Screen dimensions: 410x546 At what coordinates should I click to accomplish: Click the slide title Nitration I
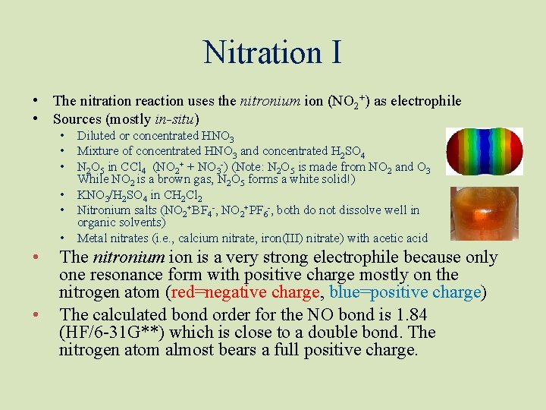[x=272, y=52]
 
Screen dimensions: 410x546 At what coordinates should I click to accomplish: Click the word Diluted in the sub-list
[x=96, y=136]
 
